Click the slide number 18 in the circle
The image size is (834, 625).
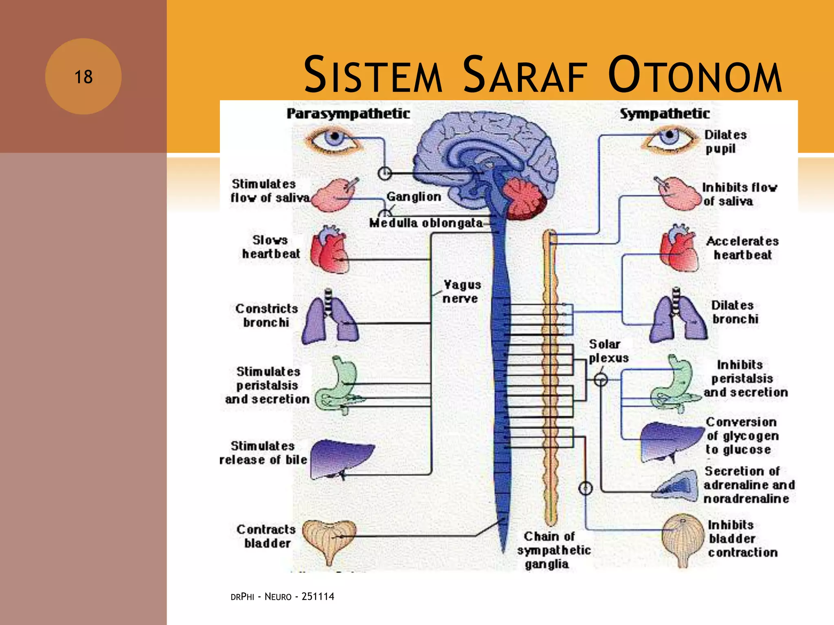[83, 77]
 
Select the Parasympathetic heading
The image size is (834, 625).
[348, 114]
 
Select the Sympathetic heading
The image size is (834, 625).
[665, 114]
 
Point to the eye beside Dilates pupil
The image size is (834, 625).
[669, 138]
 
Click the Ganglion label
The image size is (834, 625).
[413, 197]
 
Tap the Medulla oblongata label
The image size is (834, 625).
[426, 223]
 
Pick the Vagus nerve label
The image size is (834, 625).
[462, 291]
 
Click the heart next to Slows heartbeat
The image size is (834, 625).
[329, 249]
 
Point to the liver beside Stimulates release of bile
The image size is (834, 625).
[341, 458]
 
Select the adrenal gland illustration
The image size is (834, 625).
[676, 486]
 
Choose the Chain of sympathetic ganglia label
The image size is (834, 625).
[553, 550]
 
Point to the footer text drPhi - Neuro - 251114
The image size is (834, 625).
[282, 597]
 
